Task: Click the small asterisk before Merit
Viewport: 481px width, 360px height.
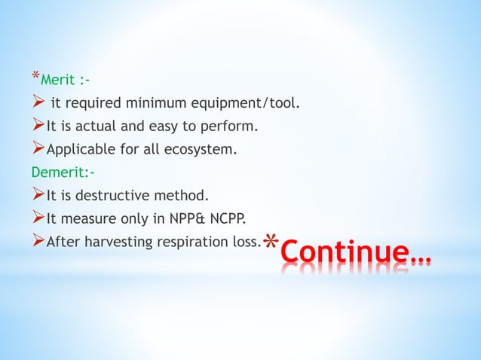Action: point(35,76)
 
